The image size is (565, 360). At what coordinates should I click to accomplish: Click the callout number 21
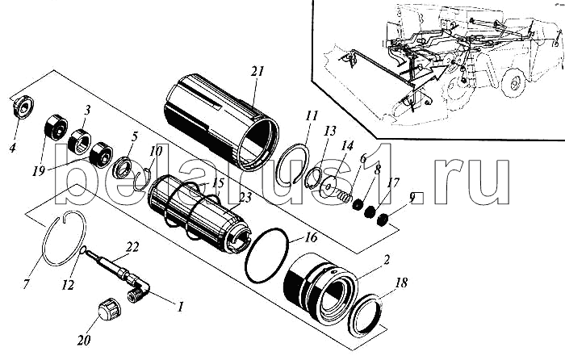tap(257, 72)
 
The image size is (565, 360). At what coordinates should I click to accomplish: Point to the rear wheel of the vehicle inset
tap(517, 84)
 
